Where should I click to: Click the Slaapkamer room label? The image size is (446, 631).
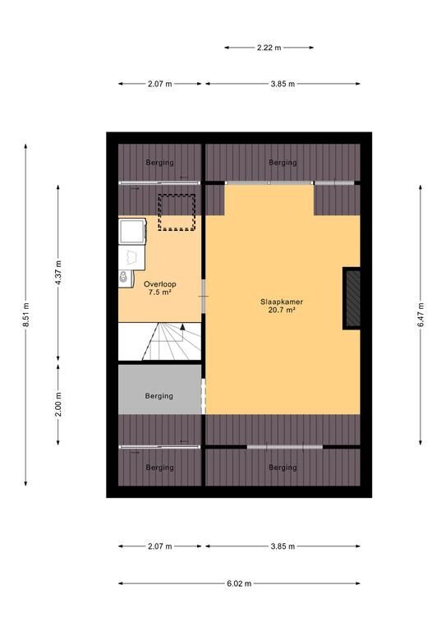click(282, 302)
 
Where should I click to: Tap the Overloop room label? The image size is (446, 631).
click(159, 284)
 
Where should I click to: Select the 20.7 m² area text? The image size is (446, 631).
click(282, 310)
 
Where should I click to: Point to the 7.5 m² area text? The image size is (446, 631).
click(159, 292)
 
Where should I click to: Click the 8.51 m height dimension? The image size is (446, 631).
click(25, 315)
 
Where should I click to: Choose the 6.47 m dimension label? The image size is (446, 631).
click(421, 315)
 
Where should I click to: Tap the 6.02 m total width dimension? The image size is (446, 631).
click(239, 583)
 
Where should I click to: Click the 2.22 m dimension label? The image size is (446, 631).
click(269, 48)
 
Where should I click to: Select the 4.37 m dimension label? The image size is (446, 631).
click(58, 273)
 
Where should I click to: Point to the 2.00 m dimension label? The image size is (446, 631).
click(58, 404)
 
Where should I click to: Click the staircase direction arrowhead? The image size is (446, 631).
click(182, 326)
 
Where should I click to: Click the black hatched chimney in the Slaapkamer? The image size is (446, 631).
click(352, 298)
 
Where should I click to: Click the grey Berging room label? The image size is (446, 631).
click(159, 396)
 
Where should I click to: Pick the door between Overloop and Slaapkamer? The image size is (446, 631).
click(204, 296)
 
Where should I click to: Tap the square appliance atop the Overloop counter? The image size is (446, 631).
click(132, 231)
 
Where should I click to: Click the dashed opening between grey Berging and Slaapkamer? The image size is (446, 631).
click(204, 396)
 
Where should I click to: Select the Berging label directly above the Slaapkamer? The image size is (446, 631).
click(283, 162)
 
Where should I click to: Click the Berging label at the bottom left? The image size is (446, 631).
click(159, 467)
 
